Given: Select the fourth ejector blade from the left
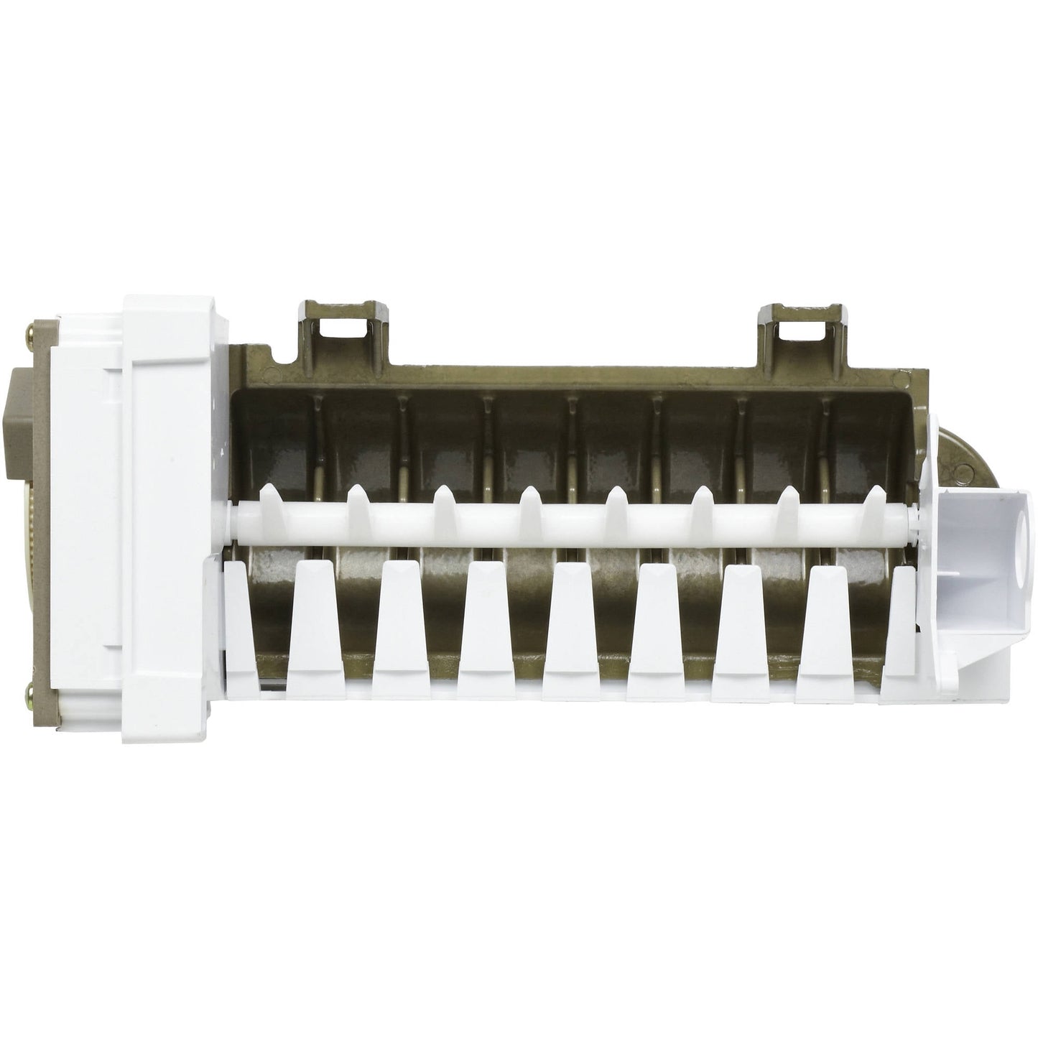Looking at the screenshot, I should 531,500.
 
